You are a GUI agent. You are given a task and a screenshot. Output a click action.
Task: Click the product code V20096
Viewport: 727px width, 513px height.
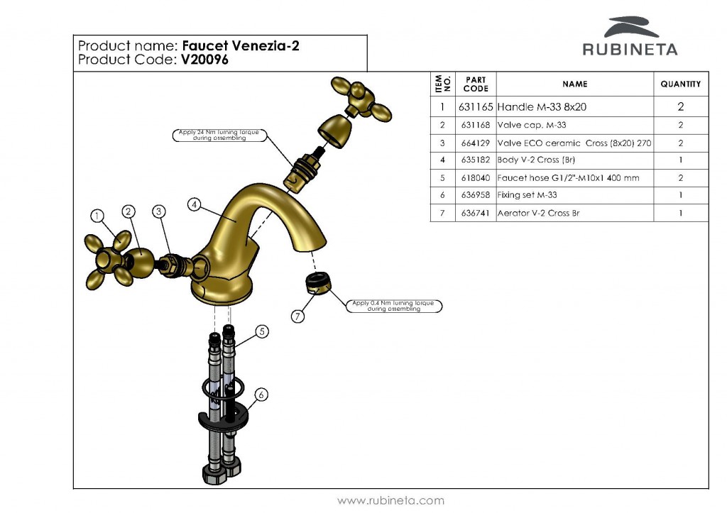(x=204, y=60)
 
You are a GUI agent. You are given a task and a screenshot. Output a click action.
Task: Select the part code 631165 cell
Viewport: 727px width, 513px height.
(x=475, y=108)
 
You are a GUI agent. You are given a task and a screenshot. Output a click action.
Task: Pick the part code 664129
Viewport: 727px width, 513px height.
(x=475, y=143)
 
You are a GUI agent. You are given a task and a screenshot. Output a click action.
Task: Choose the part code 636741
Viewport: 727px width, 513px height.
(x=475, y=213)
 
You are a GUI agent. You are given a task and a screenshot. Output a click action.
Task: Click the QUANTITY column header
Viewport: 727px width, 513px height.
(x=680, y=84)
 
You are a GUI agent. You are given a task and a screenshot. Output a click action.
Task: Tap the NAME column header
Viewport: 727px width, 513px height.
(x=574, y=84)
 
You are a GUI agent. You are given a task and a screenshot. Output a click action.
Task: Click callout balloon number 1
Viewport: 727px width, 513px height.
(x=98, y=215)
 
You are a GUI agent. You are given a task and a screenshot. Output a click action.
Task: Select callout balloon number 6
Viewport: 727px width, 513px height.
(x=261, y=395)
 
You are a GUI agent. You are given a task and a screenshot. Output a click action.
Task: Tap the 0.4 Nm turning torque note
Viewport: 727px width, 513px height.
(x=392, y=306)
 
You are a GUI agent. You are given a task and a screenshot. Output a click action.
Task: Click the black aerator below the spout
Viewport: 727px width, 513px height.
(x=316, y=283)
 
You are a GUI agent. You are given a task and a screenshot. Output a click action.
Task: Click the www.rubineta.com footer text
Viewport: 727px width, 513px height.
(x=390, y=500)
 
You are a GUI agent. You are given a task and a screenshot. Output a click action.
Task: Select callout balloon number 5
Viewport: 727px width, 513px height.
(x=261, y=331)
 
